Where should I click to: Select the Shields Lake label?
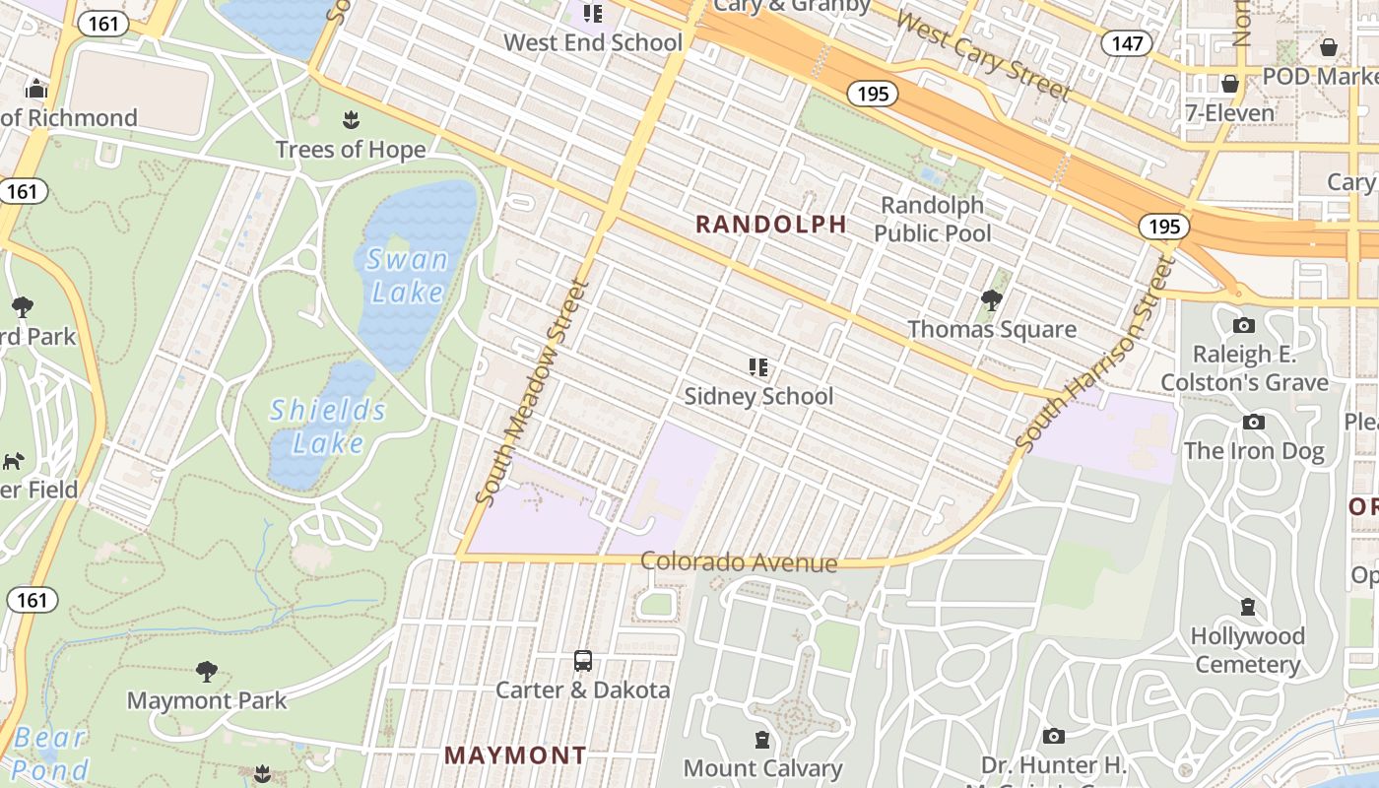(328, 426)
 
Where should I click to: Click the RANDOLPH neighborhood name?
(771, 224)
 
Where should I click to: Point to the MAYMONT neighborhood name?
(515, 755)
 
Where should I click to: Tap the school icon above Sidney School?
(757, 367)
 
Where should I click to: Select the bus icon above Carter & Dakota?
(583, 660)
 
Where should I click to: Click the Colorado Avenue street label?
(739, 562)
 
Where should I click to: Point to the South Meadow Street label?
(532, 392)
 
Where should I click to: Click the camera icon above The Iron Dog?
(1254, 422)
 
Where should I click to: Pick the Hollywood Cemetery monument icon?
(1248, 606)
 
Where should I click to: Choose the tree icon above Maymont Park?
(207, 672)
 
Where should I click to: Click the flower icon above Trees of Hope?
(350, 120)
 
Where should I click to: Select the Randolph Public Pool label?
(933, 219)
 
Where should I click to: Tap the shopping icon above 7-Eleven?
(1229, 84)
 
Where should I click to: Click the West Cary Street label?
(983, 56)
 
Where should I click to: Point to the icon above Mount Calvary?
(762, 739)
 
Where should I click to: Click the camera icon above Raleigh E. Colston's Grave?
(1244, 325)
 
